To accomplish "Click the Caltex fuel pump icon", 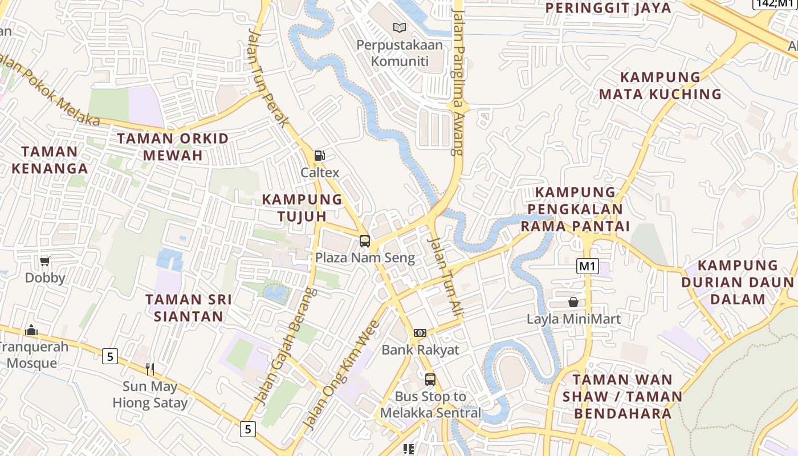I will [x=320, y=155].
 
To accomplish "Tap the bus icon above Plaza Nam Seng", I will [x=365, y=241].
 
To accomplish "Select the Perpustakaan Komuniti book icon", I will [x=400, y=27].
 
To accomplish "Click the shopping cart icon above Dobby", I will [x=45, y=261].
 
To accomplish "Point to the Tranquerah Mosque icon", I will [x=31, y=330].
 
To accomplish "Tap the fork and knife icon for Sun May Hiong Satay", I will [x=150, y=369].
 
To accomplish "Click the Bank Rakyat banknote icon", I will [x=420, y=332].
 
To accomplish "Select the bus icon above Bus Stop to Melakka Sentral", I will [x=430, y=379].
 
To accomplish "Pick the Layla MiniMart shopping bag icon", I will [x=573, y=302].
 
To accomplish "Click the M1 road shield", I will [x=587, y=266].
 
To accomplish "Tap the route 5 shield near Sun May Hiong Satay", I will [x=110, y=357].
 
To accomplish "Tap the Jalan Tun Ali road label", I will [x=445, y=274].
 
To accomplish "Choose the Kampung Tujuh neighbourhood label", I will [x=302, y=207].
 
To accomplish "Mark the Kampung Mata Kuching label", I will [x=660, y=85].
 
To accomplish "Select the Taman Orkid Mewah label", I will [x=173, y=146].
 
